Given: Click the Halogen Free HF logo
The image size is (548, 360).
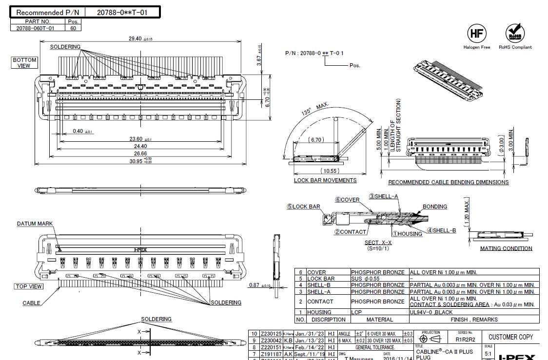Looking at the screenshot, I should [x=476, y=34].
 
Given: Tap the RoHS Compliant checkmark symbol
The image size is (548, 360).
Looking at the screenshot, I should [x=515, y=33].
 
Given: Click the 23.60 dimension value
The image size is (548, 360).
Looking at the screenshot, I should [x=135, y=139].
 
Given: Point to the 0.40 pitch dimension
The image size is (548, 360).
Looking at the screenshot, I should [x=78, y=131].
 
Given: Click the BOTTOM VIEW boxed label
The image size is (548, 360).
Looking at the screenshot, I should [x=24, y=63].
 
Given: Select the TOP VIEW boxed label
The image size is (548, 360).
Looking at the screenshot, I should [x=29, y=286].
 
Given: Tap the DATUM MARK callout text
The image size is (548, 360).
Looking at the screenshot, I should [x=35, y=224].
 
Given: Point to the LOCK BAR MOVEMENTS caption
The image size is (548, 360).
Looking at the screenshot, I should [x=325, y=180].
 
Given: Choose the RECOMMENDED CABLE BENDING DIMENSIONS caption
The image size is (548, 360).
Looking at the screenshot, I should [x=448, y=182].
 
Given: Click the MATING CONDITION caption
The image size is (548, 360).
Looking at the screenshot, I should [x=506, y=248].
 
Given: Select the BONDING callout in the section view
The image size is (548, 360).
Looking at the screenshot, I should [x=434, y=207].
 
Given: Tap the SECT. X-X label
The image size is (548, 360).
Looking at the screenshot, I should [x=378, y=243].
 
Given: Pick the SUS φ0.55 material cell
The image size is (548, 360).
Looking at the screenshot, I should [x=368, y=279].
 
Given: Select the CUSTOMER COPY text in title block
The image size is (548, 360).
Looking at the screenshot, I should [x=510, y=337].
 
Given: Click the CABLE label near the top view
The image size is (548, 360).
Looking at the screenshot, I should [x=32, y=303].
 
